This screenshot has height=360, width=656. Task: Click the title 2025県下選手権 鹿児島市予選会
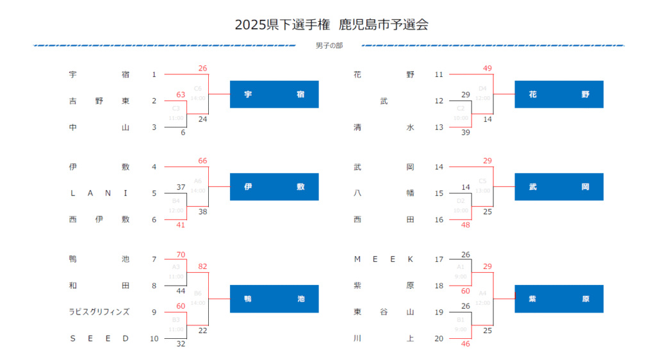(x=331, y=25)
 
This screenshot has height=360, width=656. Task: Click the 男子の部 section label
(x=329, y=46)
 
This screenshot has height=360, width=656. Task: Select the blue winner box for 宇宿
(x=274, y=94)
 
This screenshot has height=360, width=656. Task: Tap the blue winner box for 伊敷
(x=274, y=187)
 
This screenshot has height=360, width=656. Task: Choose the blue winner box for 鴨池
(x=274, y=299)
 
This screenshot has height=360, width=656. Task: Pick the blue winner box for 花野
(x=559, y=94)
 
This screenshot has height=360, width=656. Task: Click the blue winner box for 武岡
(x=559, y=187)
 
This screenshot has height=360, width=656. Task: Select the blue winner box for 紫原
(x=559, y=299)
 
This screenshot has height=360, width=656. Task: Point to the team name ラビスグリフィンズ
(x=99, y=312)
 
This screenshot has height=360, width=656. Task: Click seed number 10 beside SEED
(x=154, y=339)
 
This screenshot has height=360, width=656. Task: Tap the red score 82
(x=202, y=266)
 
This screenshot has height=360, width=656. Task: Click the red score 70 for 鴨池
(x=181, y=254)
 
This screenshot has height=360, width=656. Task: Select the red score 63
(x=181, y=95)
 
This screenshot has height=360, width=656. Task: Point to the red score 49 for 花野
(x=488, y=69)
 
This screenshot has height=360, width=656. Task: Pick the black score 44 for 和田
(x=181, y=291)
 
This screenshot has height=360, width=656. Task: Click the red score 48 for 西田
(x=466, y=225)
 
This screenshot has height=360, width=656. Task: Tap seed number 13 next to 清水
(x=439, y=127)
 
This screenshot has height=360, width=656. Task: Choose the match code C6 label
(x=197, y=88)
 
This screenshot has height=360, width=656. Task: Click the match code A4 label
(x=482, y=293)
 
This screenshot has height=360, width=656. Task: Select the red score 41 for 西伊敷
(x=181, y=225)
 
